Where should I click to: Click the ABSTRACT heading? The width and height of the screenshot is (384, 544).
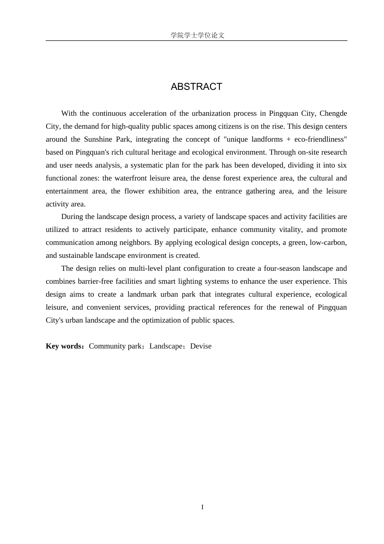pyautogui.click(x=196, y=87)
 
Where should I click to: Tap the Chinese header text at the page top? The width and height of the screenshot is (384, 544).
pyautogui.click(x=197, y=35)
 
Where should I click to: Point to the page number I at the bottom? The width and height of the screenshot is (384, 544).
pyautogui.click(x=202, y=507)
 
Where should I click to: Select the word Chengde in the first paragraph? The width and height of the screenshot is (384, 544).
pyautogui.click(x=333, y=113)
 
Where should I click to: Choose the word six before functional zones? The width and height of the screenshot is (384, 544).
pyautogui.click(x=342, y=165)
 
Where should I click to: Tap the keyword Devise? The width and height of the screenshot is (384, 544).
pyautogui.click(x=201, y=346)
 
